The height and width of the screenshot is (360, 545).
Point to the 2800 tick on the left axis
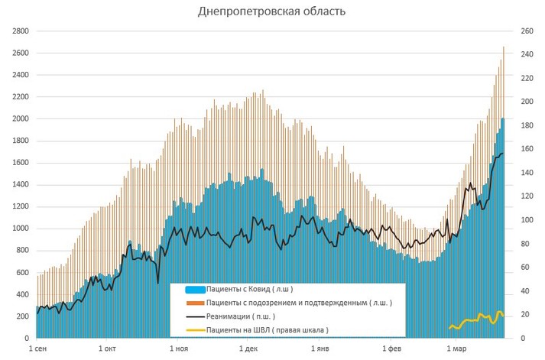pyautogui.click(x=19, y=31)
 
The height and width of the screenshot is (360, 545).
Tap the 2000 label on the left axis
pyautogui.click(x=19, y=119)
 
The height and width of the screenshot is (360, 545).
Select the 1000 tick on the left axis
pyautogui.click(x=19, y=229)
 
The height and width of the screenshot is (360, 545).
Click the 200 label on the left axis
pyautogui.click(x=21, y=316)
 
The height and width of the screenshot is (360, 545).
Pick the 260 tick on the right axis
pyautogui.click(x=527, y=31)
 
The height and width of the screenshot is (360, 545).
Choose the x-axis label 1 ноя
pyautogui.click(x=177, y=349)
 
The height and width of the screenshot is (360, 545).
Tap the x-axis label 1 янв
pyautogui.click(x=319, y=349)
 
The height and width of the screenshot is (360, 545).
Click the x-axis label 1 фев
pyautogui.click(x=390, y=349)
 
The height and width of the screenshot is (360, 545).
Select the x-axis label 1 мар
pyautogui.click(x=454, y=349)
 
